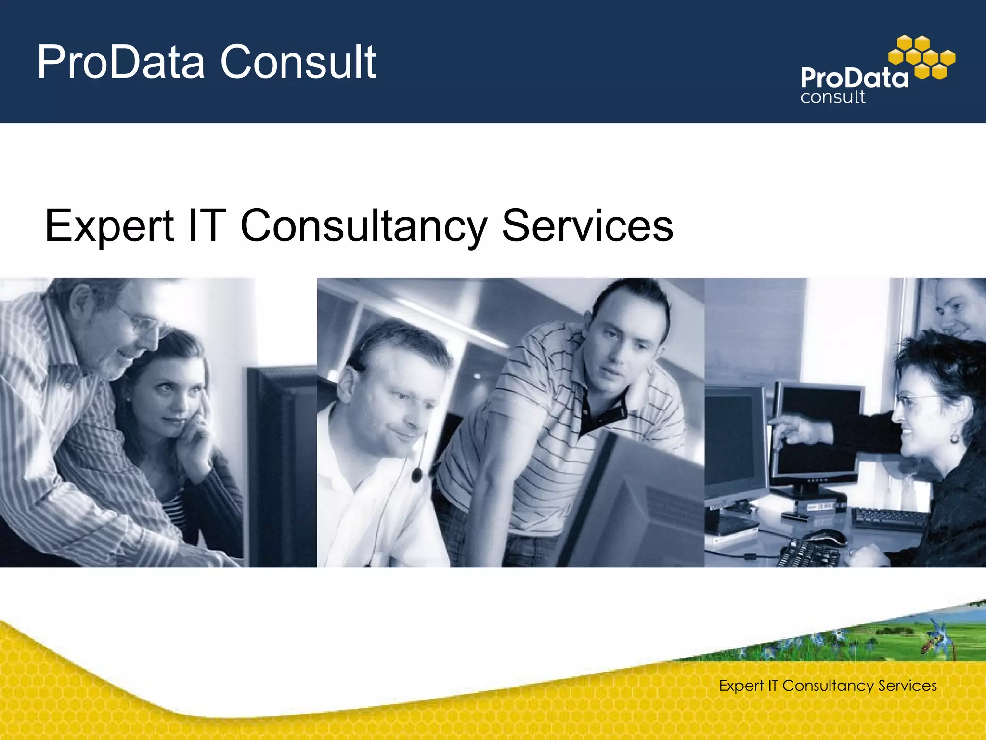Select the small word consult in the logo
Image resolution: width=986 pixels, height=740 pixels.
pyautogui.click(x=832, y=97)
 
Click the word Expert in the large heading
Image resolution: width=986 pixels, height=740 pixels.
pyautogui.click(x=109, y=225)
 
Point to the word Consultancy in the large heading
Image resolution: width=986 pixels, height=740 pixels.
pyautogui.click(x=363, y=225)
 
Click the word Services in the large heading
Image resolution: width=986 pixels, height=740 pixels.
pyautogui.click(x=587, y=225)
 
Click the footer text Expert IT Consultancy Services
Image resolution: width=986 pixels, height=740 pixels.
pyautogui.click(x=828, y=686)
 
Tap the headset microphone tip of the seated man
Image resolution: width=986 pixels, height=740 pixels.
pyautogui.click(x=417, y=476)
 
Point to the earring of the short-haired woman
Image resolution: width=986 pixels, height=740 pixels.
pyautogui.click(x=954, y=438)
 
